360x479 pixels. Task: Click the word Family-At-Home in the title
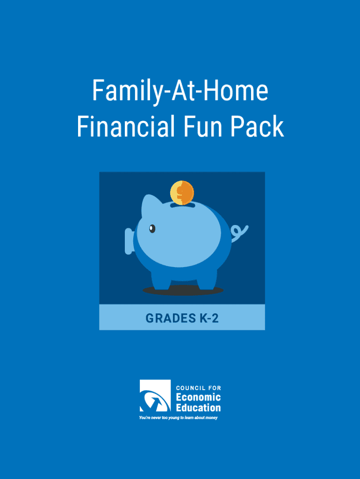180,91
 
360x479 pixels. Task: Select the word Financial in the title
126,126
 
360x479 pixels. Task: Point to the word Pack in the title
257,126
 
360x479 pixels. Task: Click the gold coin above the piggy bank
182,192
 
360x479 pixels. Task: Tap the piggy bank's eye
152,228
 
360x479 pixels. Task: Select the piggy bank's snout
129,241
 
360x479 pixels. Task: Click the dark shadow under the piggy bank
183,291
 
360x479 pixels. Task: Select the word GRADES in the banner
171,318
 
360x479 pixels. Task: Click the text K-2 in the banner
209,318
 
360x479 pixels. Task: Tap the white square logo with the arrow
155,396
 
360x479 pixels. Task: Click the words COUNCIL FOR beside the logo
199,388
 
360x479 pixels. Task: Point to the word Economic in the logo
199,397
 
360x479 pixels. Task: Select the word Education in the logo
199,407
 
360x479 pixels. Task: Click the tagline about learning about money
178,418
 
